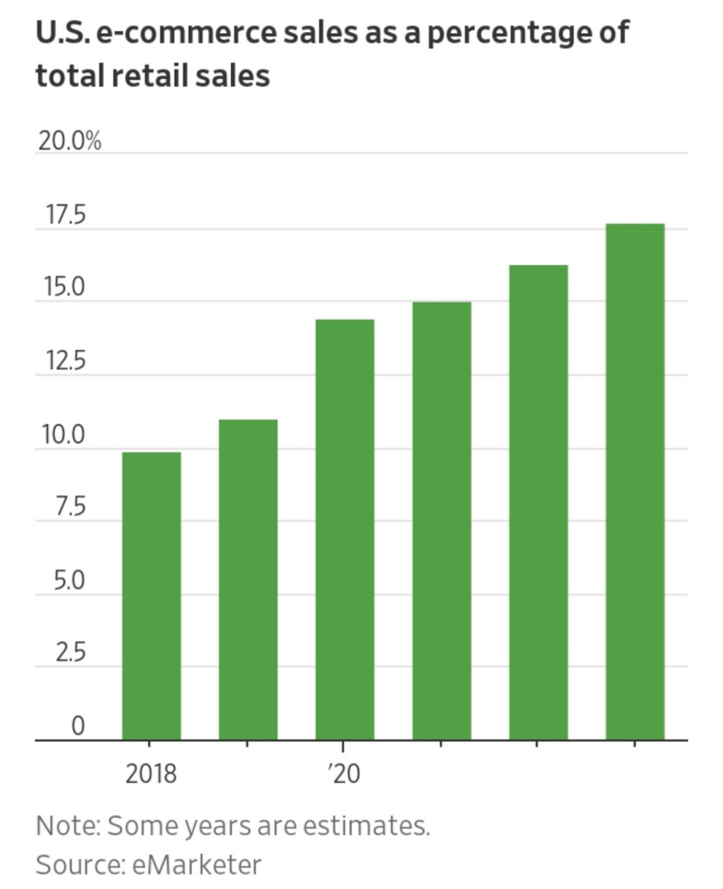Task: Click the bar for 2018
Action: (x=151, y=596)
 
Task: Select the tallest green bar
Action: (x=634, y=482)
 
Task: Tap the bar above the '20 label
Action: (x=345, y=530)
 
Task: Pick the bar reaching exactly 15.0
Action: (x=441, y=521)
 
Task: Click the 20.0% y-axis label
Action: (x=69, y=141)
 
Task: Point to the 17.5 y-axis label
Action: (x=60, y=216)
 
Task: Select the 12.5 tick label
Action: (x=60, y=362)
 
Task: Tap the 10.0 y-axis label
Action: (x=60, y=435)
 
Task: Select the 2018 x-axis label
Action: (x=151, y=773)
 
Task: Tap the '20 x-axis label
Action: (x=344, y=773)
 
